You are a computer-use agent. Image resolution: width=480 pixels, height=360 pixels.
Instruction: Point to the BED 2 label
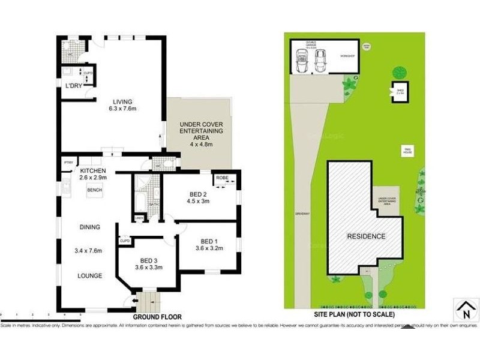pyautogui.click(x=199, y=194)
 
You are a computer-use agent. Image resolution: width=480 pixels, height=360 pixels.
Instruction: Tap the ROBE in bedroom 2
pyautogui.click(x=222, y=178)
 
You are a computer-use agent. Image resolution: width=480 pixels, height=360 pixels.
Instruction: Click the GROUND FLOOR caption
pyautogui.click(x=157, y=316)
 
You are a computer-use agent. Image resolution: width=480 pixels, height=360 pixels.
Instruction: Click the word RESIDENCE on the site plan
pyautogui.click(x=366, y=236)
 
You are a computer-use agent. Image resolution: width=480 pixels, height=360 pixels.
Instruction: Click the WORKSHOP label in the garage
pyautogui.click(x=348, y=56)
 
